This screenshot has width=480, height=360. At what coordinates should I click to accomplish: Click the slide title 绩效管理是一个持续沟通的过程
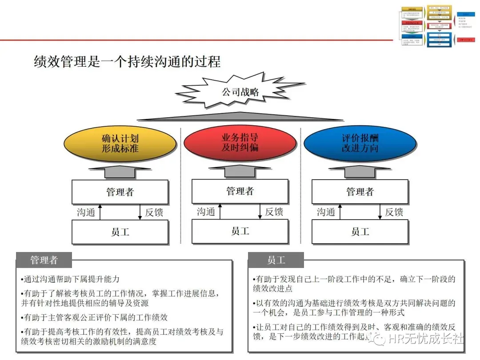[x=127, y=61]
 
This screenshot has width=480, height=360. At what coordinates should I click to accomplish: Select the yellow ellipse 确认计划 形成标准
[x=120, y=143]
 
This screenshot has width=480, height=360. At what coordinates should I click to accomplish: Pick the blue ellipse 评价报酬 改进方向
[x=360, y=143]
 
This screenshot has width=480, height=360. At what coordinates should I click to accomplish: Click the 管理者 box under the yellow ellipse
[x=120, y=192]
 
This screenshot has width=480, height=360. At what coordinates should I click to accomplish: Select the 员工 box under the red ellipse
[x=240, y=231]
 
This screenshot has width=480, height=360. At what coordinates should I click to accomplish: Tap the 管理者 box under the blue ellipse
[x=360, y=192]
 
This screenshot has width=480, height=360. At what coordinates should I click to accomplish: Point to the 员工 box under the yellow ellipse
[x=120, y=232]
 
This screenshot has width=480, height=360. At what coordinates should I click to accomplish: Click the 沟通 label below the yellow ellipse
[x=86, y=212]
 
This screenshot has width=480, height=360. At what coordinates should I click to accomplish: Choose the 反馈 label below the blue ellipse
[x=394, y=212]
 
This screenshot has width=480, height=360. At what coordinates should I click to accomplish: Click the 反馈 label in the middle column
[x=274, y=212]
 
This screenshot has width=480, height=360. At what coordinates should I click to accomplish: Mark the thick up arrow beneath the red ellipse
[x=240, y=171]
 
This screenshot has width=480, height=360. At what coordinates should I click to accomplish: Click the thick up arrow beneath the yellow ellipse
[x=120, y=172]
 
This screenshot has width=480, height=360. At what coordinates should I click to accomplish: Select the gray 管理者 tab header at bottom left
[x=44, y=260]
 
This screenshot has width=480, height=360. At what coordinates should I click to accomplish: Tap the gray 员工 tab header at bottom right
[x=276, y=260]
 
